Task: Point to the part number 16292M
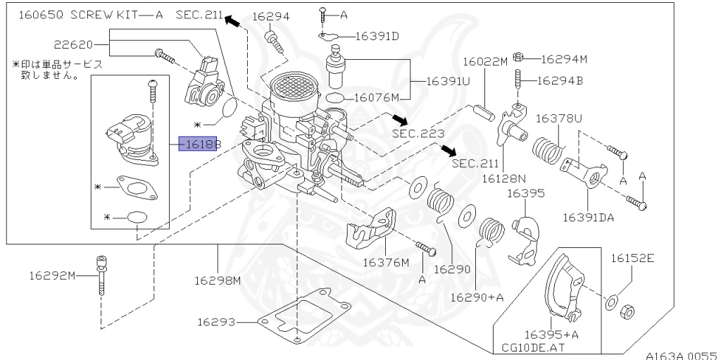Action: point(52,275)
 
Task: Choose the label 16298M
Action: point(218,280)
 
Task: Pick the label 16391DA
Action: point(588,217)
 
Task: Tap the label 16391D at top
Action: point(376,36)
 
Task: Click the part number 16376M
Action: point(385,262)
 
